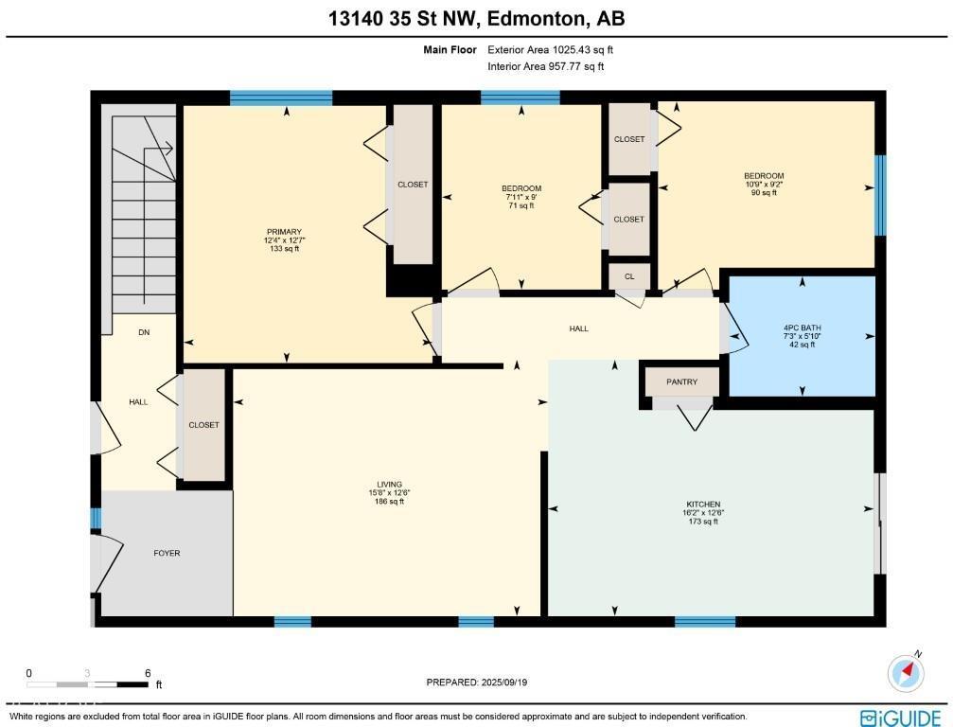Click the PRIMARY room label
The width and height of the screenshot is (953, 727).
(284, 232)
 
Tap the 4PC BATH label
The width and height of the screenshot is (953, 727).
(803, 328)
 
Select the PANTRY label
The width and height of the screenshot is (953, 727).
(681, 382)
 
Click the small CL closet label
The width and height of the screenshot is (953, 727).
(629, 276)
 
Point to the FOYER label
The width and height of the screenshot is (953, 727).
(167, 553)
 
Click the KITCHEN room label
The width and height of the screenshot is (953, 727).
(704, 504)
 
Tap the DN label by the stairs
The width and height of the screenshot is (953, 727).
(144, 332)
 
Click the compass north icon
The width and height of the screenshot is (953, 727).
(906, 671)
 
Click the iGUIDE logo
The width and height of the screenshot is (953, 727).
(900, 717)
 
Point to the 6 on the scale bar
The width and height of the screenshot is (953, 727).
(148, 673)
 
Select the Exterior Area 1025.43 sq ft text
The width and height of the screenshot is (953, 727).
(543, 49)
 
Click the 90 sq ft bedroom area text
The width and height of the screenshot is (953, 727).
(763, 192)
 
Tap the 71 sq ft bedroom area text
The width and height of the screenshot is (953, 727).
(521, 205)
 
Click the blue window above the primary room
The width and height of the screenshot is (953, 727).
(281, 97)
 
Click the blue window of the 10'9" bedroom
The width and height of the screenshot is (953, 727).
(880, 195)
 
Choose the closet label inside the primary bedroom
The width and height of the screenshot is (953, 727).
(413, 185)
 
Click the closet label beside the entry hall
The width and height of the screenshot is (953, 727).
(203, 425)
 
